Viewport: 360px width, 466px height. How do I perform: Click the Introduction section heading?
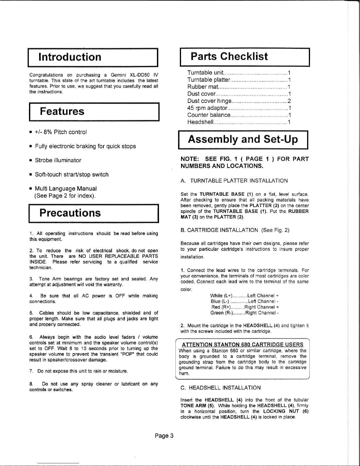(x=70, y=57)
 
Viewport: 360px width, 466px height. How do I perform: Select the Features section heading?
(x=62, y=111)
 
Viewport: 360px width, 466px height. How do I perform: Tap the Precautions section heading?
(x=70, y=213)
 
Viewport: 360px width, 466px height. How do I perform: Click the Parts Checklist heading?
(x=229, y=56)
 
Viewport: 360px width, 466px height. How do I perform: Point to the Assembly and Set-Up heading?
(x=243, y=139)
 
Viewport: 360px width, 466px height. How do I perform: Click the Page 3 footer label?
(x=164, y=436)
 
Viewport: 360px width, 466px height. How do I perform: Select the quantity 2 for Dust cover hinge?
(x=289, y=101)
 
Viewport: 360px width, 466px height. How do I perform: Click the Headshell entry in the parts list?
(x=200, y=122)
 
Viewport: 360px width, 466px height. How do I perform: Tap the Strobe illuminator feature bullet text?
(x=58, y=160)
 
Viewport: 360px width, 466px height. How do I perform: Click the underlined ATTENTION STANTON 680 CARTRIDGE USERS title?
(x=242, y=345)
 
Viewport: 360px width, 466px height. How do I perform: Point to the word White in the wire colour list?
(x=217, y=295)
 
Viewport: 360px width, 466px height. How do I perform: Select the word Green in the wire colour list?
(x=217, y=313)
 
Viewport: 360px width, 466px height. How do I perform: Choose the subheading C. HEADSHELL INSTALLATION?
(x=220, y=388)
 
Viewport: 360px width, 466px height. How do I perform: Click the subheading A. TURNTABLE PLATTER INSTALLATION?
(x=234, y=181)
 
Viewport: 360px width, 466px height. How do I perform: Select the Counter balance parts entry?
(x=209, y=115)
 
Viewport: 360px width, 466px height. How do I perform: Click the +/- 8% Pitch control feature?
(x=61, y=132)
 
